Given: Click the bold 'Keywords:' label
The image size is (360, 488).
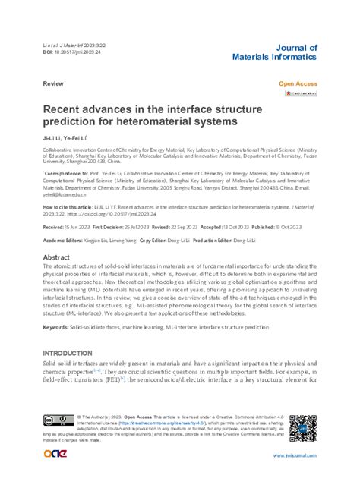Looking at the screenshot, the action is point(58,327).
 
